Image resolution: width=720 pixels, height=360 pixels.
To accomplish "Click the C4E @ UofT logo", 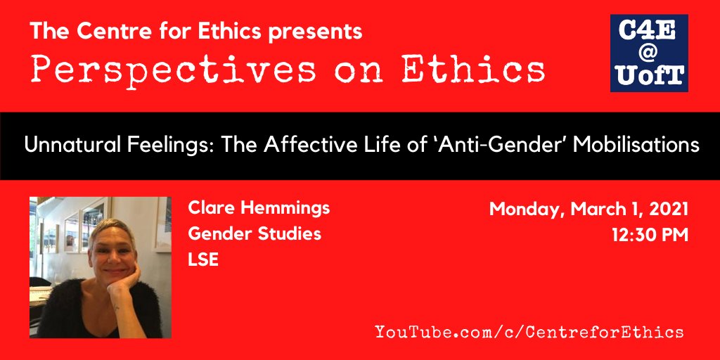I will click(649, 53).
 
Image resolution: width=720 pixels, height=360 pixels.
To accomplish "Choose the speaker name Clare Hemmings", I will click(258, 208).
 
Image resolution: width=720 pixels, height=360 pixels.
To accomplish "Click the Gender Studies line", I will click(255, 233).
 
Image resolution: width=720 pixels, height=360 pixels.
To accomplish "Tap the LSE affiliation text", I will click(203, 259).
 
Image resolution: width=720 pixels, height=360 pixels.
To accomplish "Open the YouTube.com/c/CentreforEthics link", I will click(529, 331).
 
